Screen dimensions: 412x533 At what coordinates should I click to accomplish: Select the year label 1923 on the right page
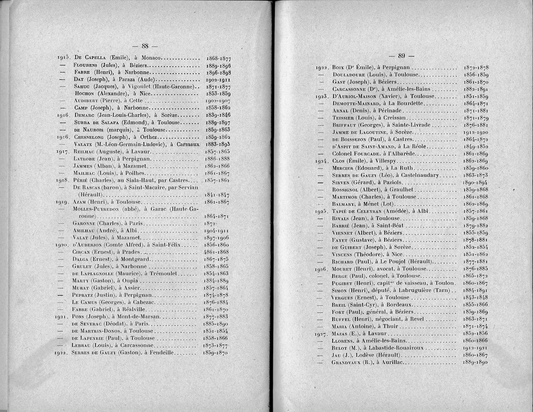(x=321, y=96)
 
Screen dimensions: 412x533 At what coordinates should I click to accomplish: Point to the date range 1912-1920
(x=476, y=132)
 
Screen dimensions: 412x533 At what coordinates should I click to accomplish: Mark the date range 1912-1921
(x=476, y=348)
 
